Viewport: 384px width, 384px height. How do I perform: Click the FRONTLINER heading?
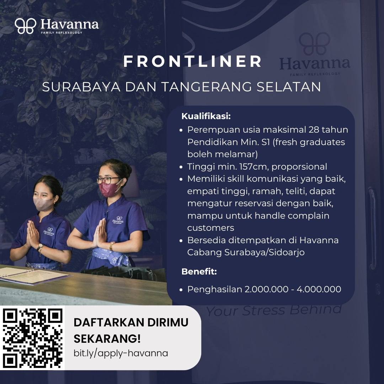tap(192, 61)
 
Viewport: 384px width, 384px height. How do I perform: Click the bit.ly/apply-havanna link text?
tap(121, 353)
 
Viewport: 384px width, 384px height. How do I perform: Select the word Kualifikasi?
tap(206, 116)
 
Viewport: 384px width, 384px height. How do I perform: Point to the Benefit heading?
tap(199, 271)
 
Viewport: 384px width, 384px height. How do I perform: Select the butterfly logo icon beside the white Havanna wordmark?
tap(26, 26)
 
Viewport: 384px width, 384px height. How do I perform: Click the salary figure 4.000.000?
tap(319, 289)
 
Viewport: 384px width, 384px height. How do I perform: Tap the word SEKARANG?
tap(107, 339)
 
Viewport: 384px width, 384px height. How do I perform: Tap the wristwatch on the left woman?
tap(40, 247)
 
